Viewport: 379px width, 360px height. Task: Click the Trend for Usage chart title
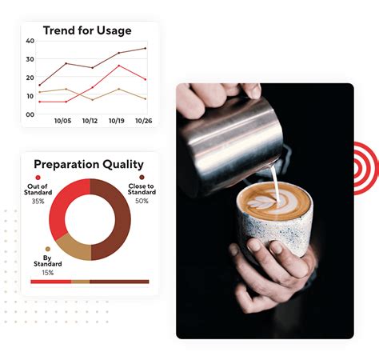pos(88,30)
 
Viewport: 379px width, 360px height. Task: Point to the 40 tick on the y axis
pos(30,41)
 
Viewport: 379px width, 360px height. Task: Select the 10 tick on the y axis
pos(30,96)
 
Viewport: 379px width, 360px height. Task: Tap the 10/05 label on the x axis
pos(63,121)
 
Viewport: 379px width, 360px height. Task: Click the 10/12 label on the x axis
pos(90,121)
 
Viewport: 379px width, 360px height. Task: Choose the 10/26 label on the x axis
pos(144,121)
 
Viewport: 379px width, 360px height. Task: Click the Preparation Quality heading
pos(90,165)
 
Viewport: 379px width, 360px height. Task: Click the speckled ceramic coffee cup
pos(273,228)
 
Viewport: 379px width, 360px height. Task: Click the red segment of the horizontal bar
pos(50,282)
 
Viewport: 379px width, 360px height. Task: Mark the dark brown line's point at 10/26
pos(146,48)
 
